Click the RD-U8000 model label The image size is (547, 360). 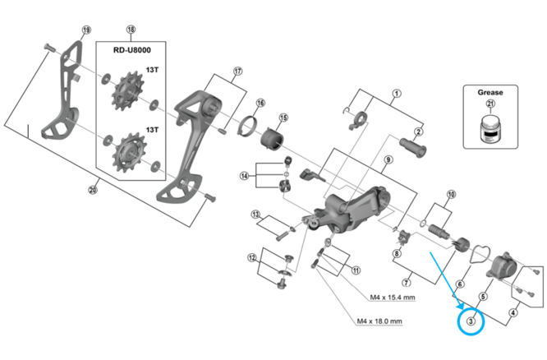click(x=132, y=50)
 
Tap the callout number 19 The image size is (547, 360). click(x=85, y=30)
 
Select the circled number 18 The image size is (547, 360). click(x=131, y=30)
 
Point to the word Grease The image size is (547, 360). click(x=490, y=93)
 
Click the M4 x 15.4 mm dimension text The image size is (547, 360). click(x=393, y=298)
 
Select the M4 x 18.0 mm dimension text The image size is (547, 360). click(x=379, y=321)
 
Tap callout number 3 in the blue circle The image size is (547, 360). click(x=471, y=321)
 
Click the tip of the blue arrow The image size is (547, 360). click(x=464, y=309)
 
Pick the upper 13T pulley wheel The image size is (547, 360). click(x=128, y=90)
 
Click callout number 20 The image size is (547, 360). click(x=93, y=191)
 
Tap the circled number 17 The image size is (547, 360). click(x=237, y=72)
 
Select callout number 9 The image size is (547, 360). click(x=388, y=160)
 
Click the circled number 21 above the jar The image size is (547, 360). click(x=490, y=104)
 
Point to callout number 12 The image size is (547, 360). click(x=252, y=258)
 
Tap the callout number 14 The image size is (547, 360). click(x=244, y=176)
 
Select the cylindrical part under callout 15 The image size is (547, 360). click(x=272, y=140)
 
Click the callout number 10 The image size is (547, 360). click(x=451, y=194)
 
